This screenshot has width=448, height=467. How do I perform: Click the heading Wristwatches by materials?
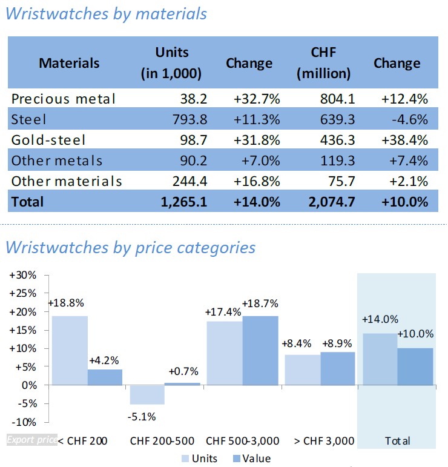pos(106,13)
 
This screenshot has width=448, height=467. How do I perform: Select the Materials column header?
pos(69,63)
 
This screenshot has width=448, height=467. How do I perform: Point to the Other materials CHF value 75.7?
pos(337,181)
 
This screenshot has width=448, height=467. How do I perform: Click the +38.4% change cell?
pos(404,140)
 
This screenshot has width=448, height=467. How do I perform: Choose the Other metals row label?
pos(57,161)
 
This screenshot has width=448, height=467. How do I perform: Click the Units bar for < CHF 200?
pos(69,350)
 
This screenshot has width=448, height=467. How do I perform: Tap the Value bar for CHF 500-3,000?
pos(260,350)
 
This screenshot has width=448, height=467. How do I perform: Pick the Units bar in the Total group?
pos(380,359)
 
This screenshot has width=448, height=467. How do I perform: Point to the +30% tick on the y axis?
pos(23,275)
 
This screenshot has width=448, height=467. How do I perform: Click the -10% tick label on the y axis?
pos(23,422)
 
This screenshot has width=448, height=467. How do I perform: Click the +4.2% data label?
pos(104,361)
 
